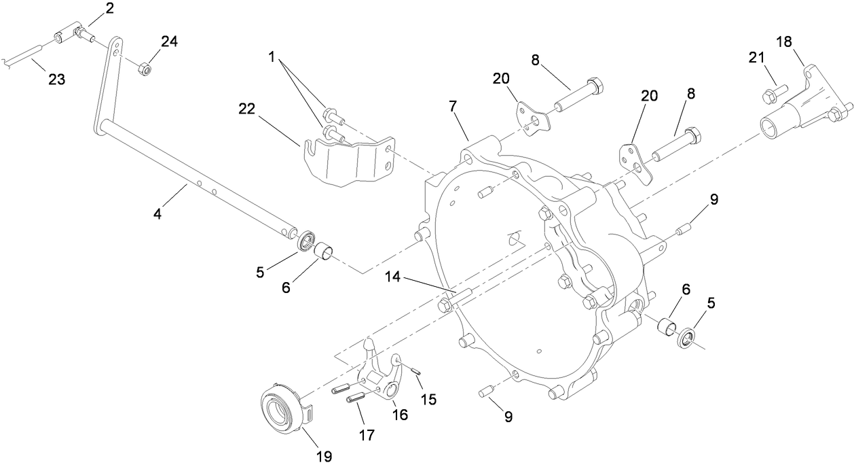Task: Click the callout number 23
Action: click(x=56, y=80)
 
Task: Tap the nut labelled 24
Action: click(x=145, y=69)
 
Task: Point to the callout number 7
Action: click(x=453, y=107)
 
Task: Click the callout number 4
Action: click(x=157, y=214)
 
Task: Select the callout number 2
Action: click(x=109, y=9)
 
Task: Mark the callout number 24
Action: click(x=169, y=42)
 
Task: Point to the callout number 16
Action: click(x=400, y=414)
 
